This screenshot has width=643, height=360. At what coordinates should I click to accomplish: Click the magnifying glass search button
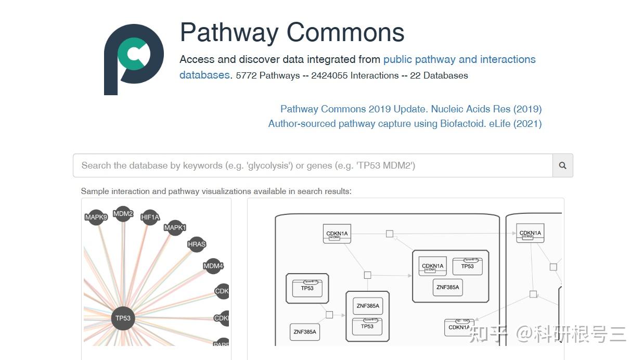562,165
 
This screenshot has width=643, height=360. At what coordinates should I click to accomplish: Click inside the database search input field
312,165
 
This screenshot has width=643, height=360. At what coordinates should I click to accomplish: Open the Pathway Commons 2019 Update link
410,109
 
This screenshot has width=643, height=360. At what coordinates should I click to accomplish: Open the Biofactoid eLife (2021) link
405,124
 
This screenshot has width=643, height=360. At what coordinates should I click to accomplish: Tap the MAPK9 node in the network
96,217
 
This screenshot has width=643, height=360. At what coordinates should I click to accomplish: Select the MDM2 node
123,213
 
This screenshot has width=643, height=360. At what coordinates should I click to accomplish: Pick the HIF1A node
150,217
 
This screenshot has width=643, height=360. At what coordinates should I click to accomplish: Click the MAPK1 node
175,227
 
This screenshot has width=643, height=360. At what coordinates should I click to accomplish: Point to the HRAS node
197,244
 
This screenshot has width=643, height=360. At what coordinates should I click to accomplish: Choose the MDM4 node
213,266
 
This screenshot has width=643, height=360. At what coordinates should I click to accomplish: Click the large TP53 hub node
123,318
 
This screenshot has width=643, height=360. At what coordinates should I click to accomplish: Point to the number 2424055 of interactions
329,75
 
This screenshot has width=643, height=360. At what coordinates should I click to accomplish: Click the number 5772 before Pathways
246,75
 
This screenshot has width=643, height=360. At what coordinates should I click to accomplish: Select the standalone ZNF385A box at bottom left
305,331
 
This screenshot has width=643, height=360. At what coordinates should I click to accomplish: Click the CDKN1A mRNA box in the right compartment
530,234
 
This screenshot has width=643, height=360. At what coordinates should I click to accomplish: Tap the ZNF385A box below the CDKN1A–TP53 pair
447,287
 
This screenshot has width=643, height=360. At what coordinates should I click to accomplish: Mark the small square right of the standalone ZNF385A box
329,315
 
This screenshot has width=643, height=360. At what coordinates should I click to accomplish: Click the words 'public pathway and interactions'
459,59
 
